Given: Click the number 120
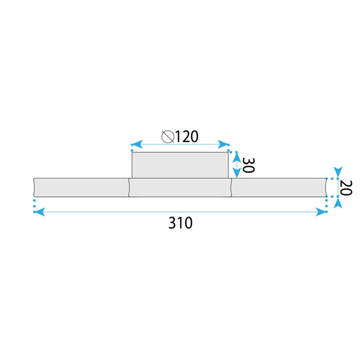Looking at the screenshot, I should coord(187,137).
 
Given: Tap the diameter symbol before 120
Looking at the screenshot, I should coord(167,137).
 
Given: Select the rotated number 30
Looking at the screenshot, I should coord(247,165).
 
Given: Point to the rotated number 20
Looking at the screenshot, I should coord(346,187).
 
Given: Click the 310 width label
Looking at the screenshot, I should coord(181,223).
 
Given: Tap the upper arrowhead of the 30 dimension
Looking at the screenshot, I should coord(236,157).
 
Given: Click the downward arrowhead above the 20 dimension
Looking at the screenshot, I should coord(337,171).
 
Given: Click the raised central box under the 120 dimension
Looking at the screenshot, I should coord(180,165).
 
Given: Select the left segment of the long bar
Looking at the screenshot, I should coord(81,187).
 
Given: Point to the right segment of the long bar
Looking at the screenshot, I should coord(279,187).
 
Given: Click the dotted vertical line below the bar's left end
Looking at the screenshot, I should coord(34,205).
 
